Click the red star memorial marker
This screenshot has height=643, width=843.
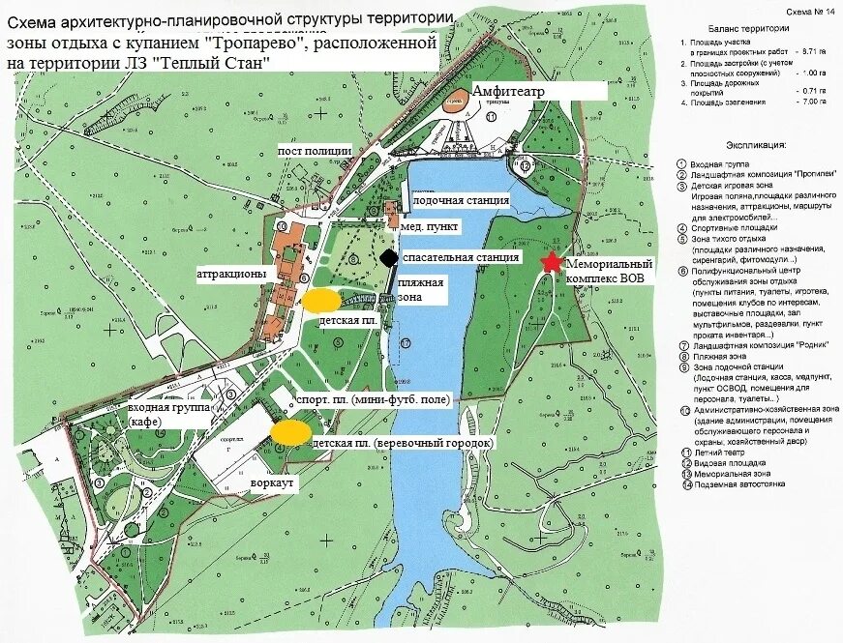pos(552,262)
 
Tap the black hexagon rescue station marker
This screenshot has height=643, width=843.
pos(388,258)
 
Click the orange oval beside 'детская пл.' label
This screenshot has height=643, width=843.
pos(319,301)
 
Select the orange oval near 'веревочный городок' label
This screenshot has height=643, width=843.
pos(290,432)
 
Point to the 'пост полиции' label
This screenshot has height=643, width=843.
pos(315,151)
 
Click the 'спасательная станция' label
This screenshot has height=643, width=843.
pos(461,257)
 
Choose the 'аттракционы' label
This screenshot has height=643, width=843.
pos(231,274)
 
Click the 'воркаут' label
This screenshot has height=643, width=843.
pos(274,480)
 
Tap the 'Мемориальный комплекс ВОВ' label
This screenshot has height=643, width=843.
pos(610,270)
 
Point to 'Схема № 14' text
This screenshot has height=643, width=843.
pos(810,11)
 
